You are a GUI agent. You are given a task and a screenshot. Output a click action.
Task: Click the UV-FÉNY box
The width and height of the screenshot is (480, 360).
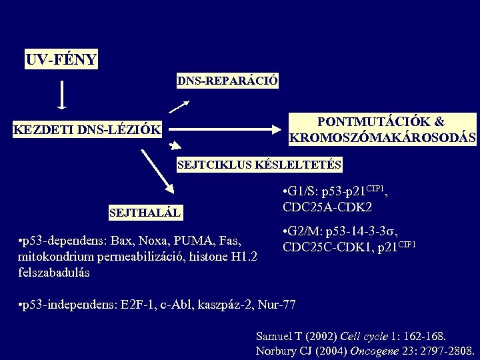coord(61,60)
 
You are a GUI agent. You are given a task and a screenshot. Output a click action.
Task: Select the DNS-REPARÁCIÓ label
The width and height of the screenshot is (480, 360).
coord(227,81)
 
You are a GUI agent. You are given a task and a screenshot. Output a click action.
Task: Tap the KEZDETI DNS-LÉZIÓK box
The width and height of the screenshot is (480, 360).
coord(88,129)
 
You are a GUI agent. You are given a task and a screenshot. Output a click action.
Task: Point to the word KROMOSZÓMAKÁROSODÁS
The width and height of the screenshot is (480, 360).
coord(383,138)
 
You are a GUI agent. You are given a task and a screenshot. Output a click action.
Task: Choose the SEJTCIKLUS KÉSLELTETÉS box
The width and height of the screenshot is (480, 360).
coord(259,164)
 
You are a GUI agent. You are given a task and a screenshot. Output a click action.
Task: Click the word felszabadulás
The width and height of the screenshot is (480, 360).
coord(55,273)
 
